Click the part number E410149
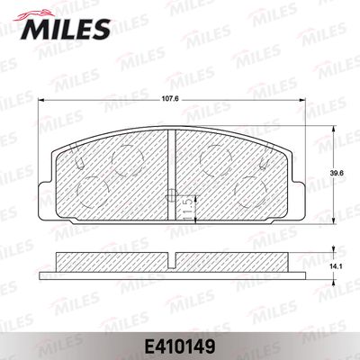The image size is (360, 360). tap(180, 346)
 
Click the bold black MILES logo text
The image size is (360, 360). tap(65, 29)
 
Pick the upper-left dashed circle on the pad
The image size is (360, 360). tap(128, 160)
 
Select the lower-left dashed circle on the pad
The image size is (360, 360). tap(93, 192)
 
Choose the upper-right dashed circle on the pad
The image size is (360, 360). tap(216, 160)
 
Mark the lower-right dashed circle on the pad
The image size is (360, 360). tap(251, 192)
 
